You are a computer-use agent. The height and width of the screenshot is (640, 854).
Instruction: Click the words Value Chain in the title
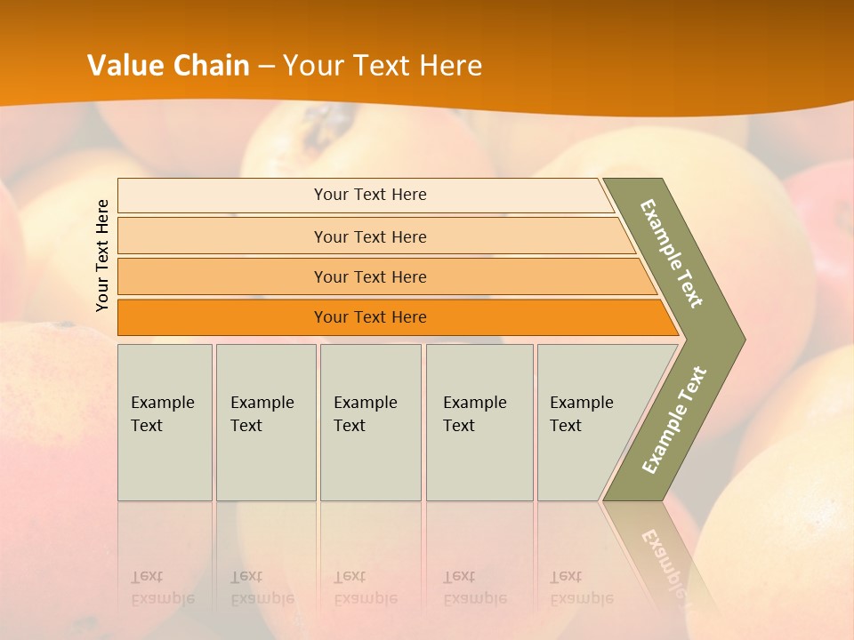tap(168, 66)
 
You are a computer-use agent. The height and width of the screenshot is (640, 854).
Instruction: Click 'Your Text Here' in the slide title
tap(383, 66)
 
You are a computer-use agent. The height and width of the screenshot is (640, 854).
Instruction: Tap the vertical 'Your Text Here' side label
tap(102, 255)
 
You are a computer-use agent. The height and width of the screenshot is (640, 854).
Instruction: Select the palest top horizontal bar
tap(369, 195)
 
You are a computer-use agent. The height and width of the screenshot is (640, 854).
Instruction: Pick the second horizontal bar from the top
tap(369, 236)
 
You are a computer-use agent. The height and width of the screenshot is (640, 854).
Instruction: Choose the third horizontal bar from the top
tap(369, 276)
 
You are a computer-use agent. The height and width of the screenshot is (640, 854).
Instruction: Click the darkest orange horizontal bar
tap(369, 317)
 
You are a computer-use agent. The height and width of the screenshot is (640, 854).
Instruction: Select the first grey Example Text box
tap(165, 421)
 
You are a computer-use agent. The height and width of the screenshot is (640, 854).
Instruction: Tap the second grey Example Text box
tap(265, 421)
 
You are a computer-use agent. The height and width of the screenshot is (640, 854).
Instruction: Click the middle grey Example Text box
tap(370, 421)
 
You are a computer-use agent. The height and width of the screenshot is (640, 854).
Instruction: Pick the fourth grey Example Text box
tap(479, 421)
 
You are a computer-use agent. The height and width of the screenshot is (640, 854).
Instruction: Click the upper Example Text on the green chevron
tap(672, 253)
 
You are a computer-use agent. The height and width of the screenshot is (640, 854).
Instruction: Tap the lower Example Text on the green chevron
tap(674, 420)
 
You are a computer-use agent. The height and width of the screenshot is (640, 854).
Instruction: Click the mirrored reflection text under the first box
tap(162, 588)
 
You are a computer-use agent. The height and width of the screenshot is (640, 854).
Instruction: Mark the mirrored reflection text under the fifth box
tap(581, 588)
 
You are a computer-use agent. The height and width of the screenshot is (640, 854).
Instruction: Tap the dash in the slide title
tap(266, 67)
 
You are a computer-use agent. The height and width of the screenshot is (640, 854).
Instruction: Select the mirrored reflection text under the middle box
tap(365, 588)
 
